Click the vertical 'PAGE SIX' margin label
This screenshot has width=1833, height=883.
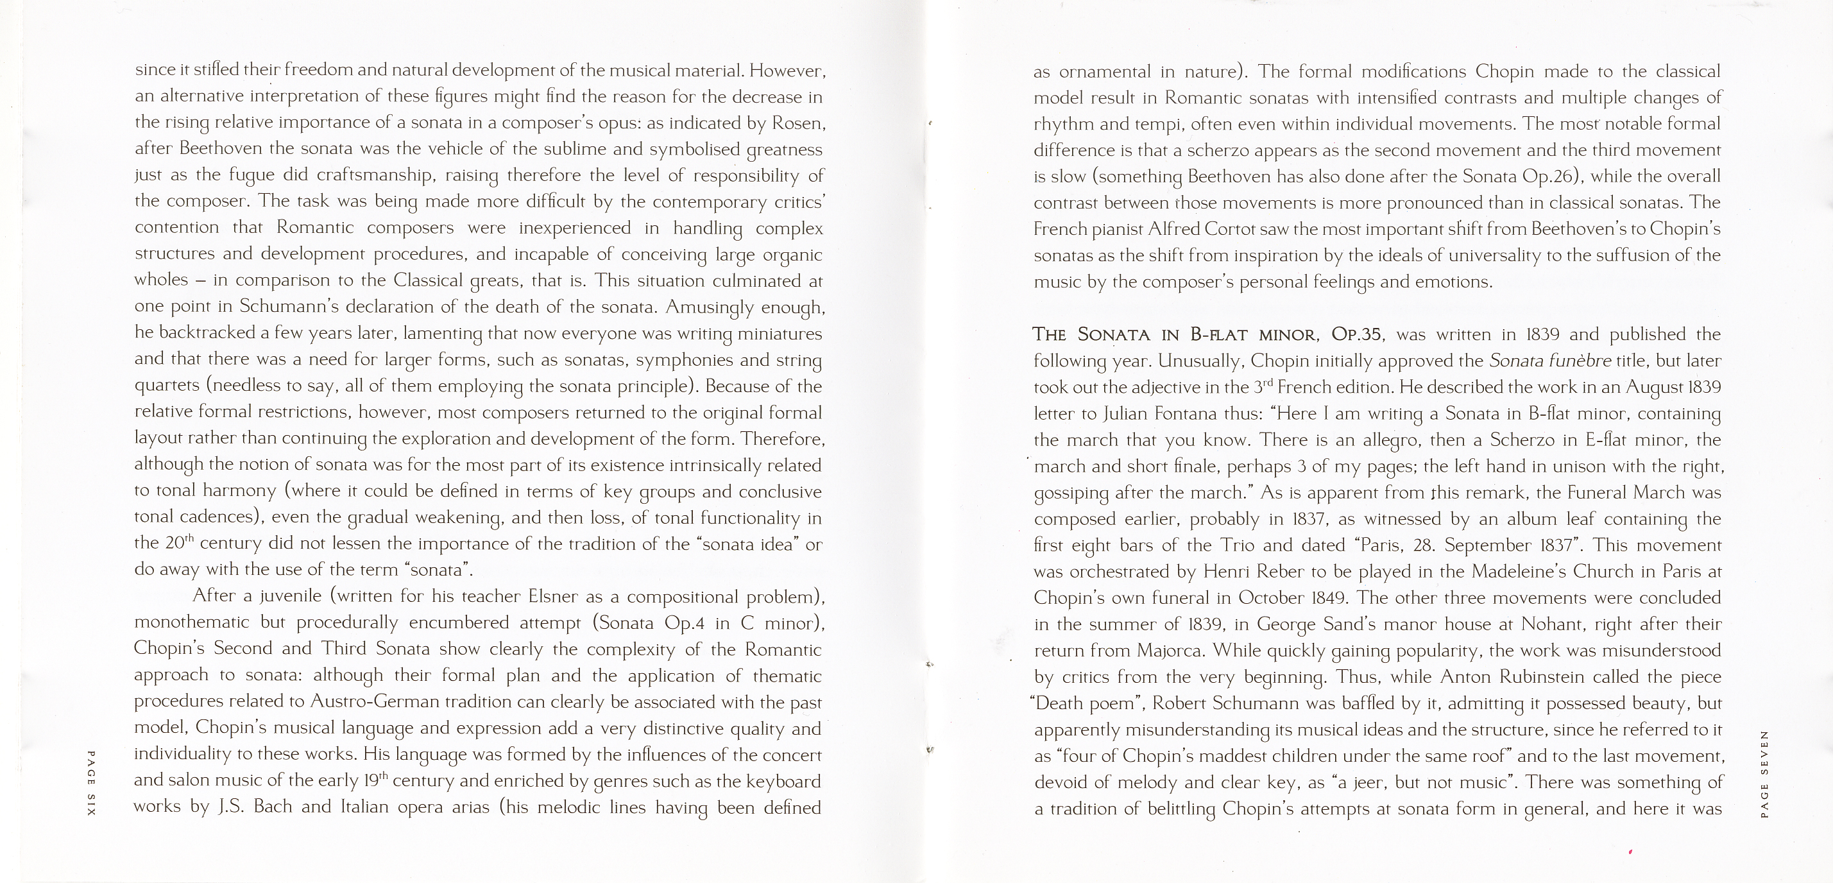[90, 784]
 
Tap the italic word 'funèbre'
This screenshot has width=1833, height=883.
[1577, 361]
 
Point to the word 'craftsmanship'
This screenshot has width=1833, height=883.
[374, 176]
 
